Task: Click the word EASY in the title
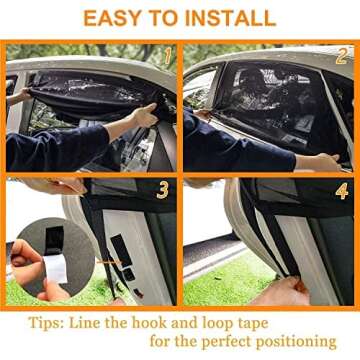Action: coord(112,18)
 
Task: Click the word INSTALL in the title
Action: coord(229,18)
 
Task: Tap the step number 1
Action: coord(167,57)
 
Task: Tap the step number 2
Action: coord(341,57)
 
